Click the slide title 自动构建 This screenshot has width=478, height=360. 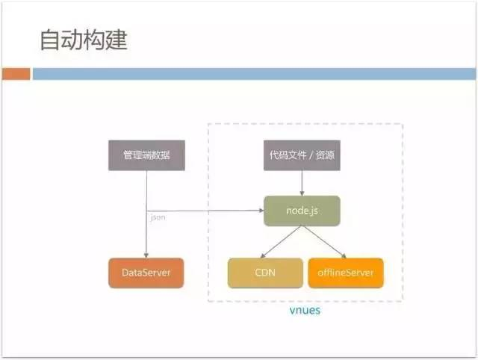coord(83,40)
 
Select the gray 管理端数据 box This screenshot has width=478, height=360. coord(146,155)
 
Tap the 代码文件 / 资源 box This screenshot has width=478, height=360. coord(302,155)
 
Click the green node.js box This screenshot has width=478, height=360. coord(302,211)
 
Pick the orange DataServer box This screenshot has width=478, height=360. coord(146,273)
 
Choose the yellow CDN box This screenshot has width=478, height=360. coord(265,273)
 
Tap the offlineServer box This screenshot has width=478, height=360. coord(346,273)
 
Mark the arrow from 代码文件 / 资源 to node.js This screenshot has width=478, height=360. coord(302,183)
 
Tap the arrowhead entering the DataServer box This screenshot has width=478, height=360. coord(146,254)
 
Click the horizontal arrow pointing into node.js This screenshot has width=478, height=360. coord(224,211)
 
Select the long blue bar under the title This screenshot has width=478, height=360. coord(253,74)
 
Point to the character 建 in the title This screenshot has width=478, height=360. coord(116,40)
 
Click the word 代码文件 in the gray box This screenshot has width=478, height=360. coord(288,155)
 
